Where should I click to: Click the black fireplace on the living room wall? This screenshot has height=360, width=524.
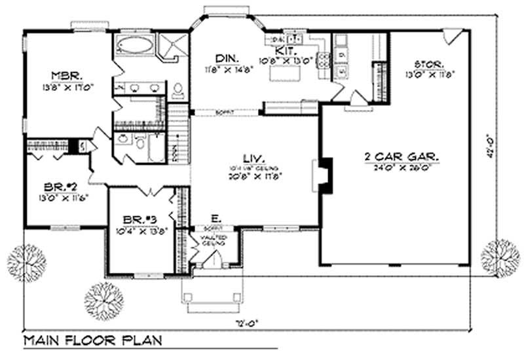(325, 175)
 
